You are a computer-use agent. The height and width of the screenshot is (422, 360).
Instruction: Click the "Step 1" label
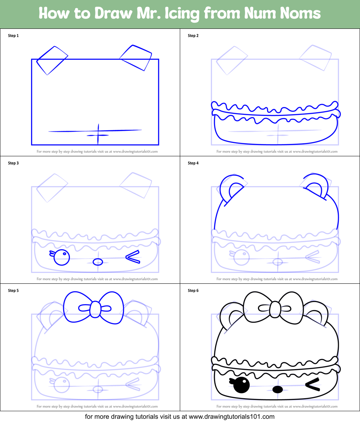pos(13,36)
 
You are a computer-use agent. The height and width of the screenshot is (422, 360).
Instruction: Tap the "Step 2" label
pos(193,36)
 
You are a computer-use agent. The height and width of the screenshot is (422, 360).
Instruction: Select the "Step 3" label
pos(13,163)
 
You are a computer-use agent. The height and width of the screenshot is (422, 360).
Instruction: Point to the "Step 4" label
pos(193,163)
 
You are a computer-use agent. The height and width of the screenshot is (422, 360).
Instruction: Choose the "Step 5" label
pos(13,291)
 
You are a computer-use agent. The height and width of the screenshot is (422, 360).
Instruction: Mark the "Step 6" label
pos(193,291)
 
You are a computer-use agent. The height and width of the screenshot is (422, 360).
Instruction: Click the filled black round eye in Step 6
pos(241,386)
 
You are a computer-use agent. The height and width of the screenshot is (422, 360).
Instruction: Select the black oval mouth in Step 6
pos(277,389)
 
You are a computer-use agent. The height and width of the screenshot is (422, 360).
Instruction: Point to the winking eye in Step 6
pos(312,385)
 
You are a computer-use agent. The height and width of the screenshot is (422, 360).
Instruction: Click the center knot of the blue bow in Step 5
pos(95,309)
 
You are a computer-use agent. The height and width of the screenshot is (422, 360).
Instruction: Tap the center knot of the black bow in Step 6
pos(275,309)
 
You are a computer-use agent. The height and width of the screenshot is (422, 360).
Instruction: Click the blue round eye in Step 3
pos(62,257)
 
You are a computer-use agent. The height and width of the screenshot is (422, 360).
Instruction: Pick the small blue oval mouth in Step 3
pos(98,262)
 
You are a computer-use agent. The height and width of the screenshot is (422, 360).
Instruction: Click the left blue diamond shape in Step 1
pos(52,60)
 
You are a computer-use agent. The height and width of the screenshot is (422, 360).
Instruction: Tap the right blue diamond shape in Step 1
pos(136,58)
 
